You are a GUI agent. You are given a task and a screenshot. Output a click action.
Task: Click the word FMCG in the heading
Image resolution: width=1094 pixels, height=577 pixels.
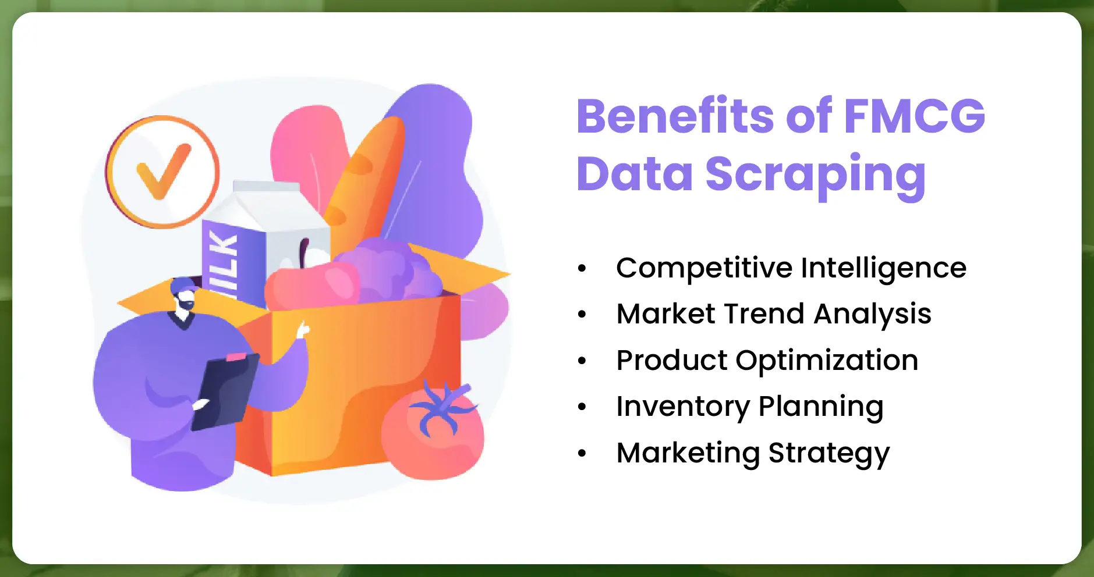point(914,116)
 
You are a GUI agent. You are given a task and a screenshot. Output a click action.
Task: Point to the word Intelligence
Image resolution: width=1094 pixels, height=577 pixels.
point(883,269)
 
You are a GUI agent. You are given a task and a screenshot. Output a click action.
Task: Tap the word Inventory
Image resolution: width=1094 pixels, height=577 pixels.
point(683,407)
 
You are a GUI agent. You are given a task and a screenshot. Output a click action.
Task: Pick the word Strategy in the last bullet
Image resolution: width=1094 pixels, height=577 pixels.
point(829,454)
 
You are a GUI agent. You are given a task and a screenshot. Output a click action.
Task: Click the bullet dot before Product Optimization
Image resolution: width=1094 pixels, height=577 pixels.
point(582,361)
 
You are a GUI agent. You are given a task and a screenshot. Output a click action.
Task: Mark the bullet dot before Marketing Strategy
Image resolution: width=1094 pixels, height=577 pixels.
point(582,454)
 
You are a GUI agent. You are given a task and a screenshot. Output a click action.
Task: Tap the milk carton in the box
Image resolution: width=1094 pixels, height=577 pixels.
point(265,241)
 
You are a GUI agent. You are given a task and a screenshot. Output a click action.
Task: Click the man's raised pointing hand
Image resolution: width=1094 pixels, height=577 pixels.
point(303,330)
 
